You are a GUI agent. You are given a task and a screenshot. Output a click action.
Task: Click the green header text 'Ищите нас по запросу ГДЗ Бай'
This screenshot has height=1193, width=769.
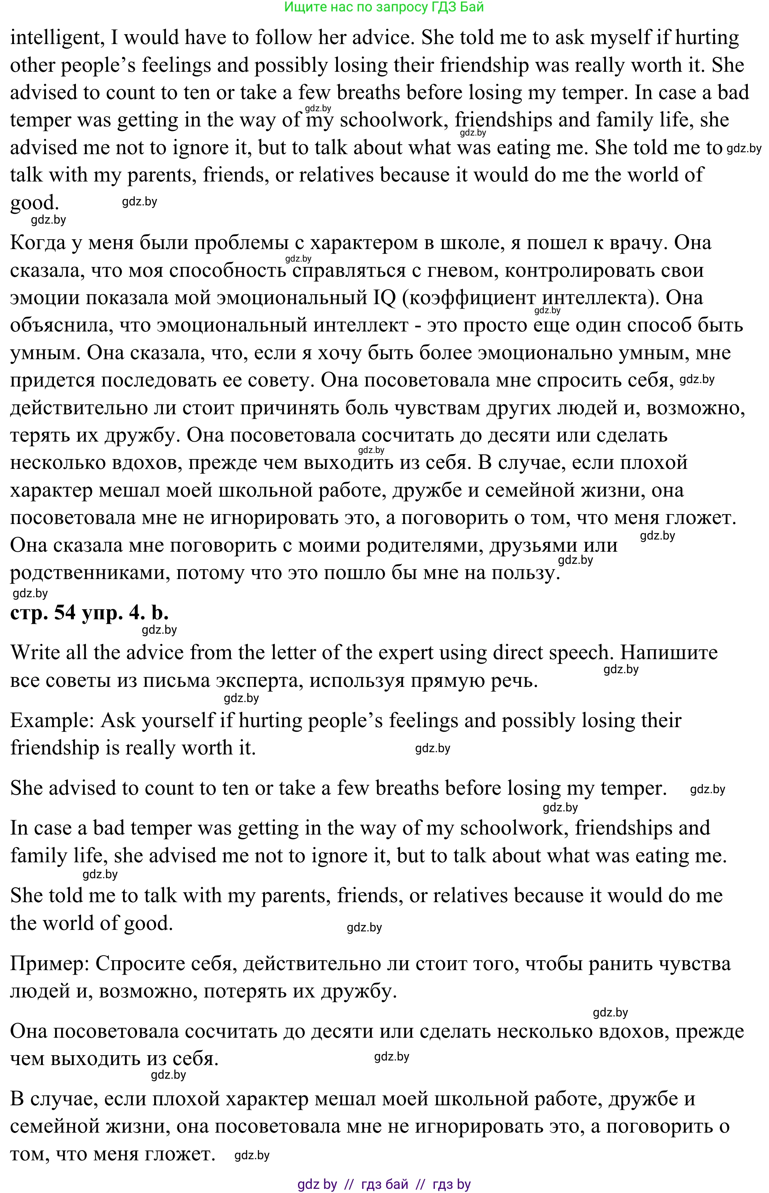tap(384, 7)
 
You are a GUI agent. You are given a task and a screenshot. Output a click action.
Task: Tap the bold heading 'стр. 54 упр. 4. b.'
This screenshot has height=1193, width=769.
tap(89, 612)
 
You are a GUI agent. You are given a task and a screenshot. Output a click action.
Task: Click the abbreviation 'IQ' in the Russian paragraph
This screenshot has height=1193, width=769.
tap(384, 298)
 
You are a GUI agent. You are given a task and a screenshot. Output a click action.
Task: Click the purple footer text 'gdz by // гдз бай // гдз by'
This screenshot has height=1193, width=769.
tap(384, 1180)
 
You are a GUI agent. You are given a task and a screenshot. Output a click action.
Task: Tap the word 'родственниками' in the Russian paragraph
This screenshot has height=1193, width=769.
tap(87, 573)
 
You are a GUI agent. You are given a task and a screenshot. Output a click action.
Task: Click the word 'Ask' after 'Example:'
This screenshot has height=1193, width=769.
tap(118, 721)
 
